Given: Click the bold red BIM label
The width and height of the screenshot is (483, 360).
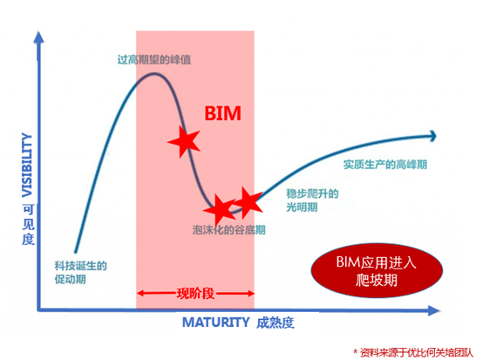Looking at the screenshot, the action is point(222,113).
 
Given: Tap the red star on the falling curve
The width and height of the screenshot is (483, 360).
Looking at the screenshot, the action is point(185,142).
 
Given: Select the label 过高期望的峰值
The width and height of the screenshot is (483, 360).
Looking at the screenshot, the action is point(154,59).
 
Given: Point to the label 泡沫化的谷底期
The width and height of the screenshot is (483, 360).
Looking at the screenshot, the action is point(229,230).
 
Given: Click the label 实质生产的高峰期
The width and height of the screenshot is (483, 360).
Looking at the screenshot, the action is point(385,165).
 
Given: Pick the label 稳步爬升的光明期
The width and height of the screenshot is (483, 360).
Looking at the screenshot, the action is point(312,200).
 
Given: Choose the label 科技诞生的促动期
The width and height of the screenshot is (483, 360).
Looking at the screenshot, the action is point(81,272).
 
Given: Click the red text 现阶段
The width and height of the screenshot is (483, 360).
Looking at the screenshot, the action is point(195,294).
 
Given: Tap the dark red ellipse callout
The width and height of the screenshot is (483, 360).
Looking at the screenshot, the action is point(377,270).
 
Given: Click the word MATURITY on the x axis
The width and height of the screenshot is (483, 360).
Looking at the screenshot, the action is point(216,323).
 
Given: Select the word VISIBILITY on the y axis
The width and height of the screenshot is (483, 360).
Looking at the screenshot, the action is point(27,165).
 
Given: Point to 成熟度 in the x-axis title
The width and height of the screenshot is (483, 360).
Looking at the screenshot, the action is point(276,323).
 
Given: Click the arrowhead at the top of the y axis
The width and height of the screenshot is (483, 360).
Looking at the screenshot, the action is point(38,37).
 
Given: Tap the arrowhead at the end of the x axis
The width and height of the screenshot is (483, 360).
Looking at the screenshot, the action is point(433,310).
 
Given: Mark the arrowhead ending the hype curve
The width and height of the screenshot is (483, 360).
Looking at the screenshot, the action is point(433,136).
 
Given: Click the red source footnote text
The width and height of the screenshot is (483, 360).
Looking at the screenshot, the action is point(413,353).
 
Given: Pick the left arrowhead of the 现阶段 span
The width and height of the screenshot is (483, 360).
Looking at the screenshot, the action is point(140,293).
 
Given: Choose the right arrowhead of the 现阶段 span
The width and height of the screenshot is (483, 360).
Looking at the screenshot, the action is point(250,293).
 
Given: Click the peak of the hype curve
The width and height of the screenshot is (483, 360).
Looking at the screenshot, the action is point(154,73).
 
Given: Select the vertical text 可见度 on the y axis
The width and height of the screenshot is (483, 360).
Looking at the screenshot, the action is point(28,225).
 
